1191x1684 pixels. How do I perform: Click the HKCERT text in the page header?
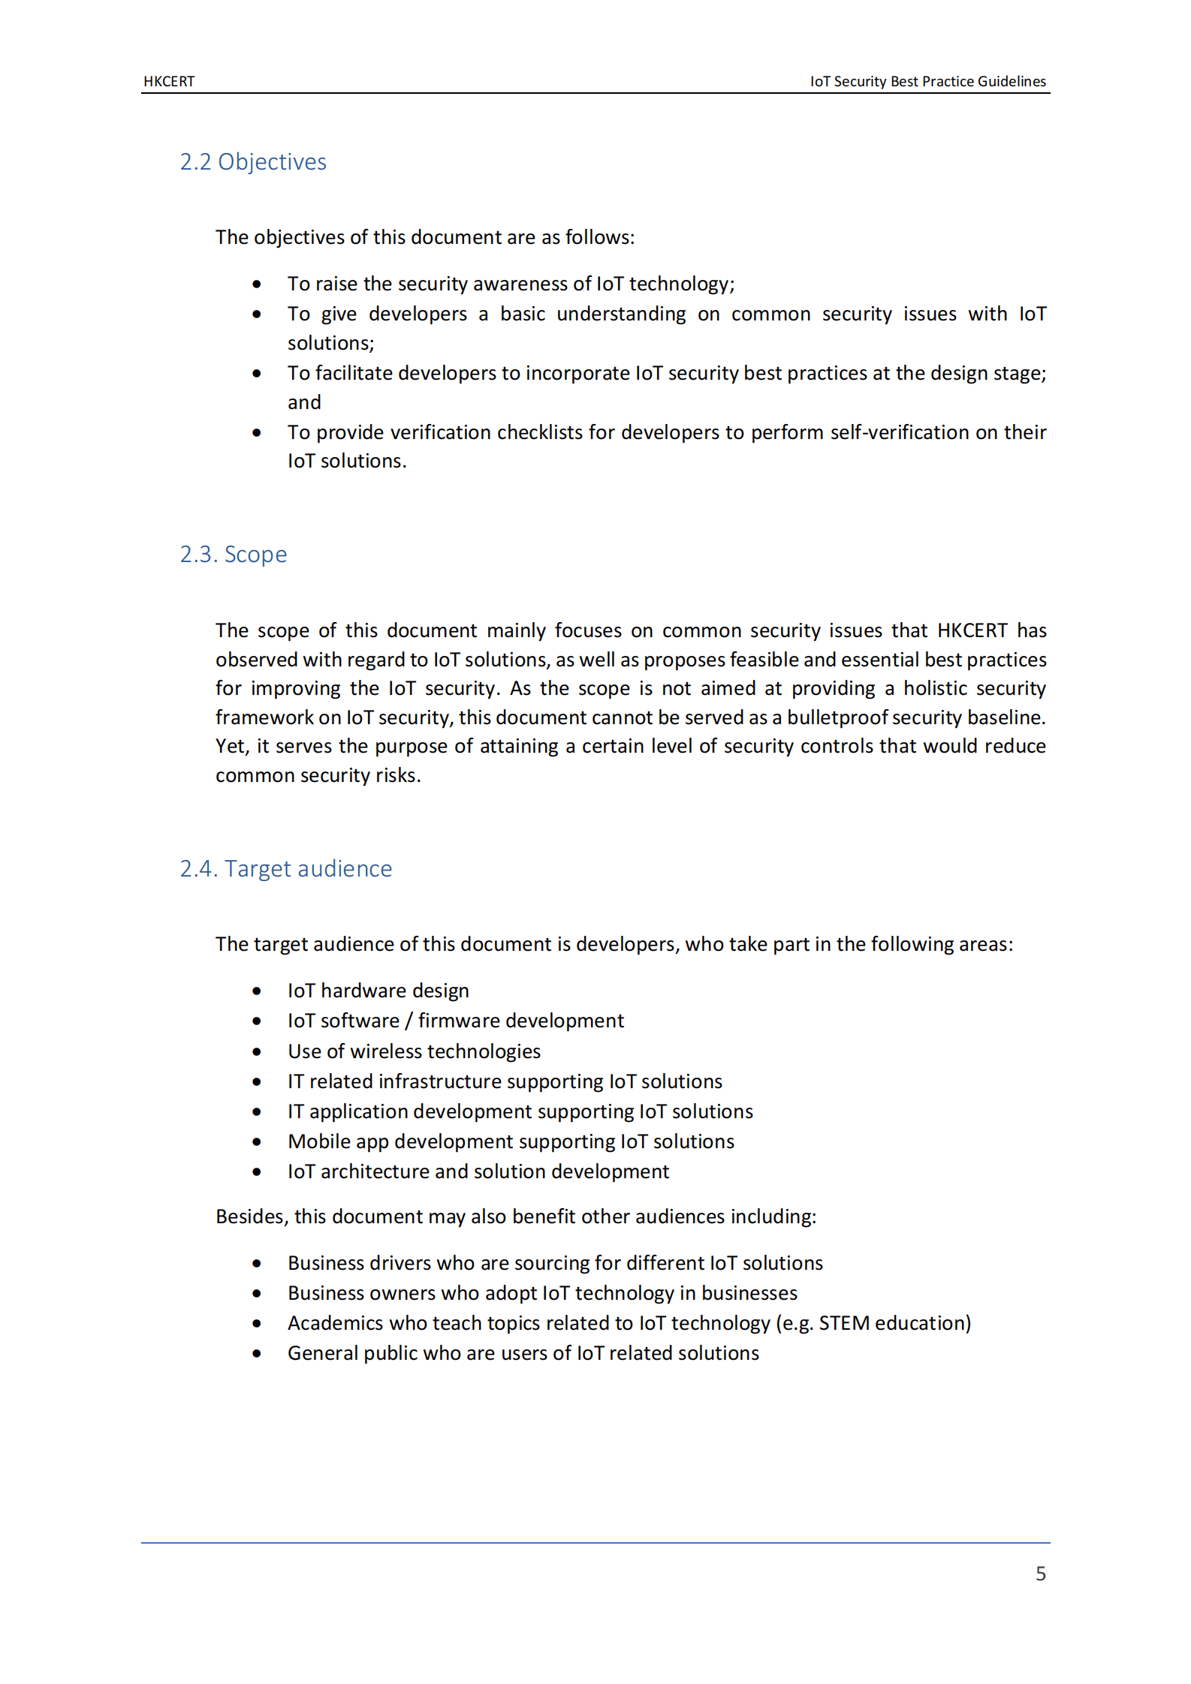169,81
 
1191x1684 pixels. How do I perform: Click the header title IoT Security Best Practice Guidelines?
927,81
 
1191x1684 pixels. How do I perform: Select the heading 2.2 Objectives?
253,162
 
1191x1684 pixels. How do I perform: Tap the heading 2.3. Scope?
234,555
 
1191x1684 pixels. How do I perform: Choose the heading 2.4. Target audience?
286,869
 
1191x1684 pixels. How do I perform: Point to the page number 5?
1040,1574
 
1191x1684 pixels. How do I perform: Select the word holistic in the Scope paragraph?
936,688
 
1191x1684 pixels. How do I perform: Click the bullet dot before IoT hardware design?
257,991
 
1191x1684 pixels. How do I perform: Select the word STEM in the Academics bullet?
843,1323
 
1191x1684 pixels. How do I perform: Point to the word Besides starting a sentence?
252,1216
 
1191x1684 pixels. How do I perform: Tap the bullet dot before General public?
257,1354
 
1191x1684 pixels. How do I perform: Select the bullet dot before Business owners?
257,1294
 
